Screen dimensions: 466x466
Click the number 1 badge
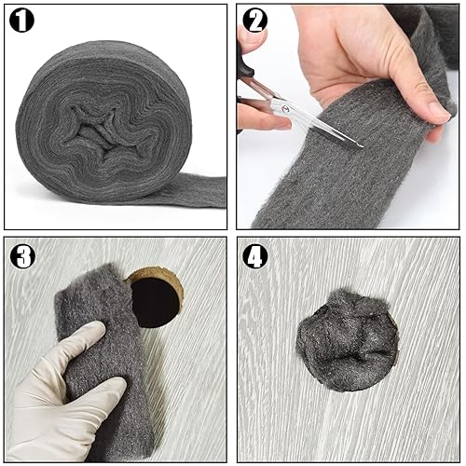(21, 21)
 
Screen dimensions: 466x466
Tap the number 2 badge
(254, 21)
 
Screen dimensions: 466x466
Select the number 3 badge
(22, 256)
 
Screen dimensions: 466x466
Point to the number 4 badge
(255, 256)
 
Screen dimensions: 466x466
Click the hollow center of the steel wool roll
(100, 128)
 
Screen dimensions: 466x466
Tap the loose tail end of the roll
(199, 191)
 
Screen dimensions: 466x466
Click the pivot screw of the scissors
(285, 108)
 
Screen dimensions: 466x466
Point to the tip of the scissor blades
(362, 146)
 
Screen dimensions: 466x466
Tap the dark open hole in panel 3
(156, 302)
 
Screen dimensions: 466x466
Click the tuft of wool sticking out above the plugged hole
(357, 297)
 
